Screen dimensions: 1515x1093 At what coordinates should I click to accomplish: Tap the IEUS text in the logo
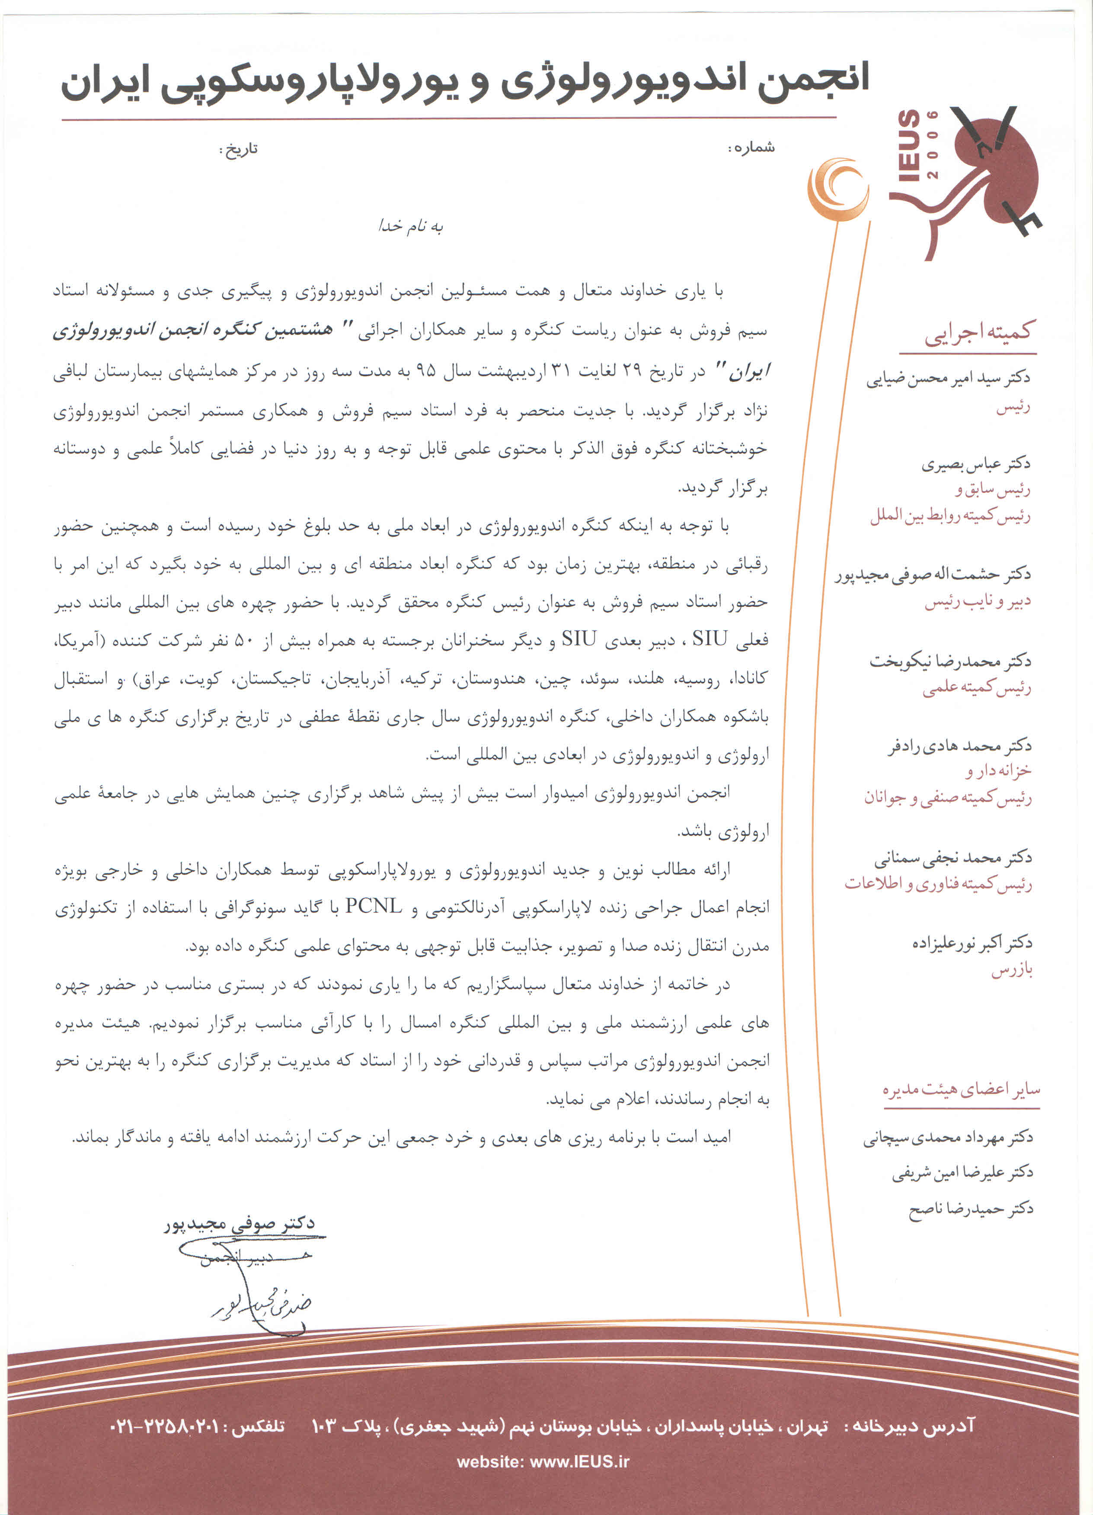point(909,146)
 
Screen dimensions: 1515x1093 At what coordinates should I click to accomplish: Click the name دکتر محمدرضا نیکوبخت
point(950,662)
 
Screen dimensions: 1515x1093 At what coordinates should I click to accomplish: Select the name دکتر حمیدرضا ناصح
point(971,1208)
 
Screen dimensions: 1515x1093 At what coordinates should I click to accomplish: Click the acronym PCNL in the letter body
point(374,907)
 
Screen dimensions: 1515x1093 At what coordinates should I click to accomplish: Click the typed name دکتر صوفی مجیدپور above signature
point(239,1223)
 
